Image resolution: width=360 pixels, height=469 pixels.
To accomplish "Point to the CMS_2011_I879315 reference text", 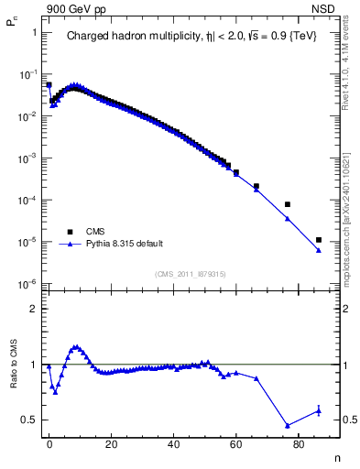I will [190, 274].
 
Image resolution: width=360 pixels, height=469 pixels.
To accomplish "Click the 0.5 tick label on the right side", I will [339, 420].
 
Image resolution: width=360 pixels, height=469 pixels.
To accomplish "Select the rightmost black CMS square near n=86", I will [318, 240].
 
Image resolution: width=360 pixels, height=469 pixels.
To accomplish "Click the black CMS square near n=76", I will [288, 204].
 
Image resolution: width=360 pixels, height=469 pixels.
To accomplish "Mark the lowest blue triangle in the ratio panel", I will [288, 425].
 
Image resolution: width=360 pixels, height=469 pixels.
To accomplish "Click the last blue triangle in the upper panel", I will [318, 250].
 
